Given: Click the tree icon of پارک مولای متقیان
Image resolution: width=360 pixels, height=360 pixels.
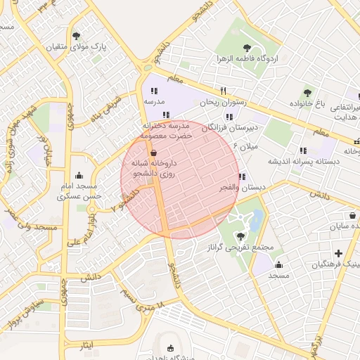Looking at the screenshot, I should [x=77, y=35].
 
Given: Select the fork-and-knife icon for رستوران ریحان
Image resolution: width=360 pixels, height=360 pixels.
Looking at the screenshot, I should [x=224, y=91].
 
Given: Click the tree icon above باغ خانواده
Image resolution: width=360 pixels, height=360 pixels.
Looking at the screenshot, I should [x=307, y=92].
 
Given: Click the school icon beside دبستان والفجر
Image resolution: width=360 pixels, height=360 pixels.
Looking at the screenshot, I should [x=242, y=176].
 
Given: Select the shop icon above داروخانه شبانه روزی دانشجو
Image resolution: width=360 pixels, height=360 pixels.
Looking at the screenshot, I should [x=153, y=152].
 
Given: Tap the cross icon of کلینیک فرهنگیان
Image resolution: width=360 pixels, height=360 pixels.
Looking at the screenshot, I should [x=339, y=253].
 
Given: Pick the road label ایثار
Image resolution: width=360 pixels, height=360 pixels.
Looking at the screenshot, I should [x=85, y=346].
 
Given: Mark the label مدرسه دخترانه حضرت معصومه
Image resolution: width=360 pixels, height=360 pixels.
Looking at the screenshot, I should [x=165, y=129].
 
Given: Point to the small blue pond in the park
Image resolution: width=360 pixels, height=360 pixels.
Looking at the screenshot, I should [x=257, y=218].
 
